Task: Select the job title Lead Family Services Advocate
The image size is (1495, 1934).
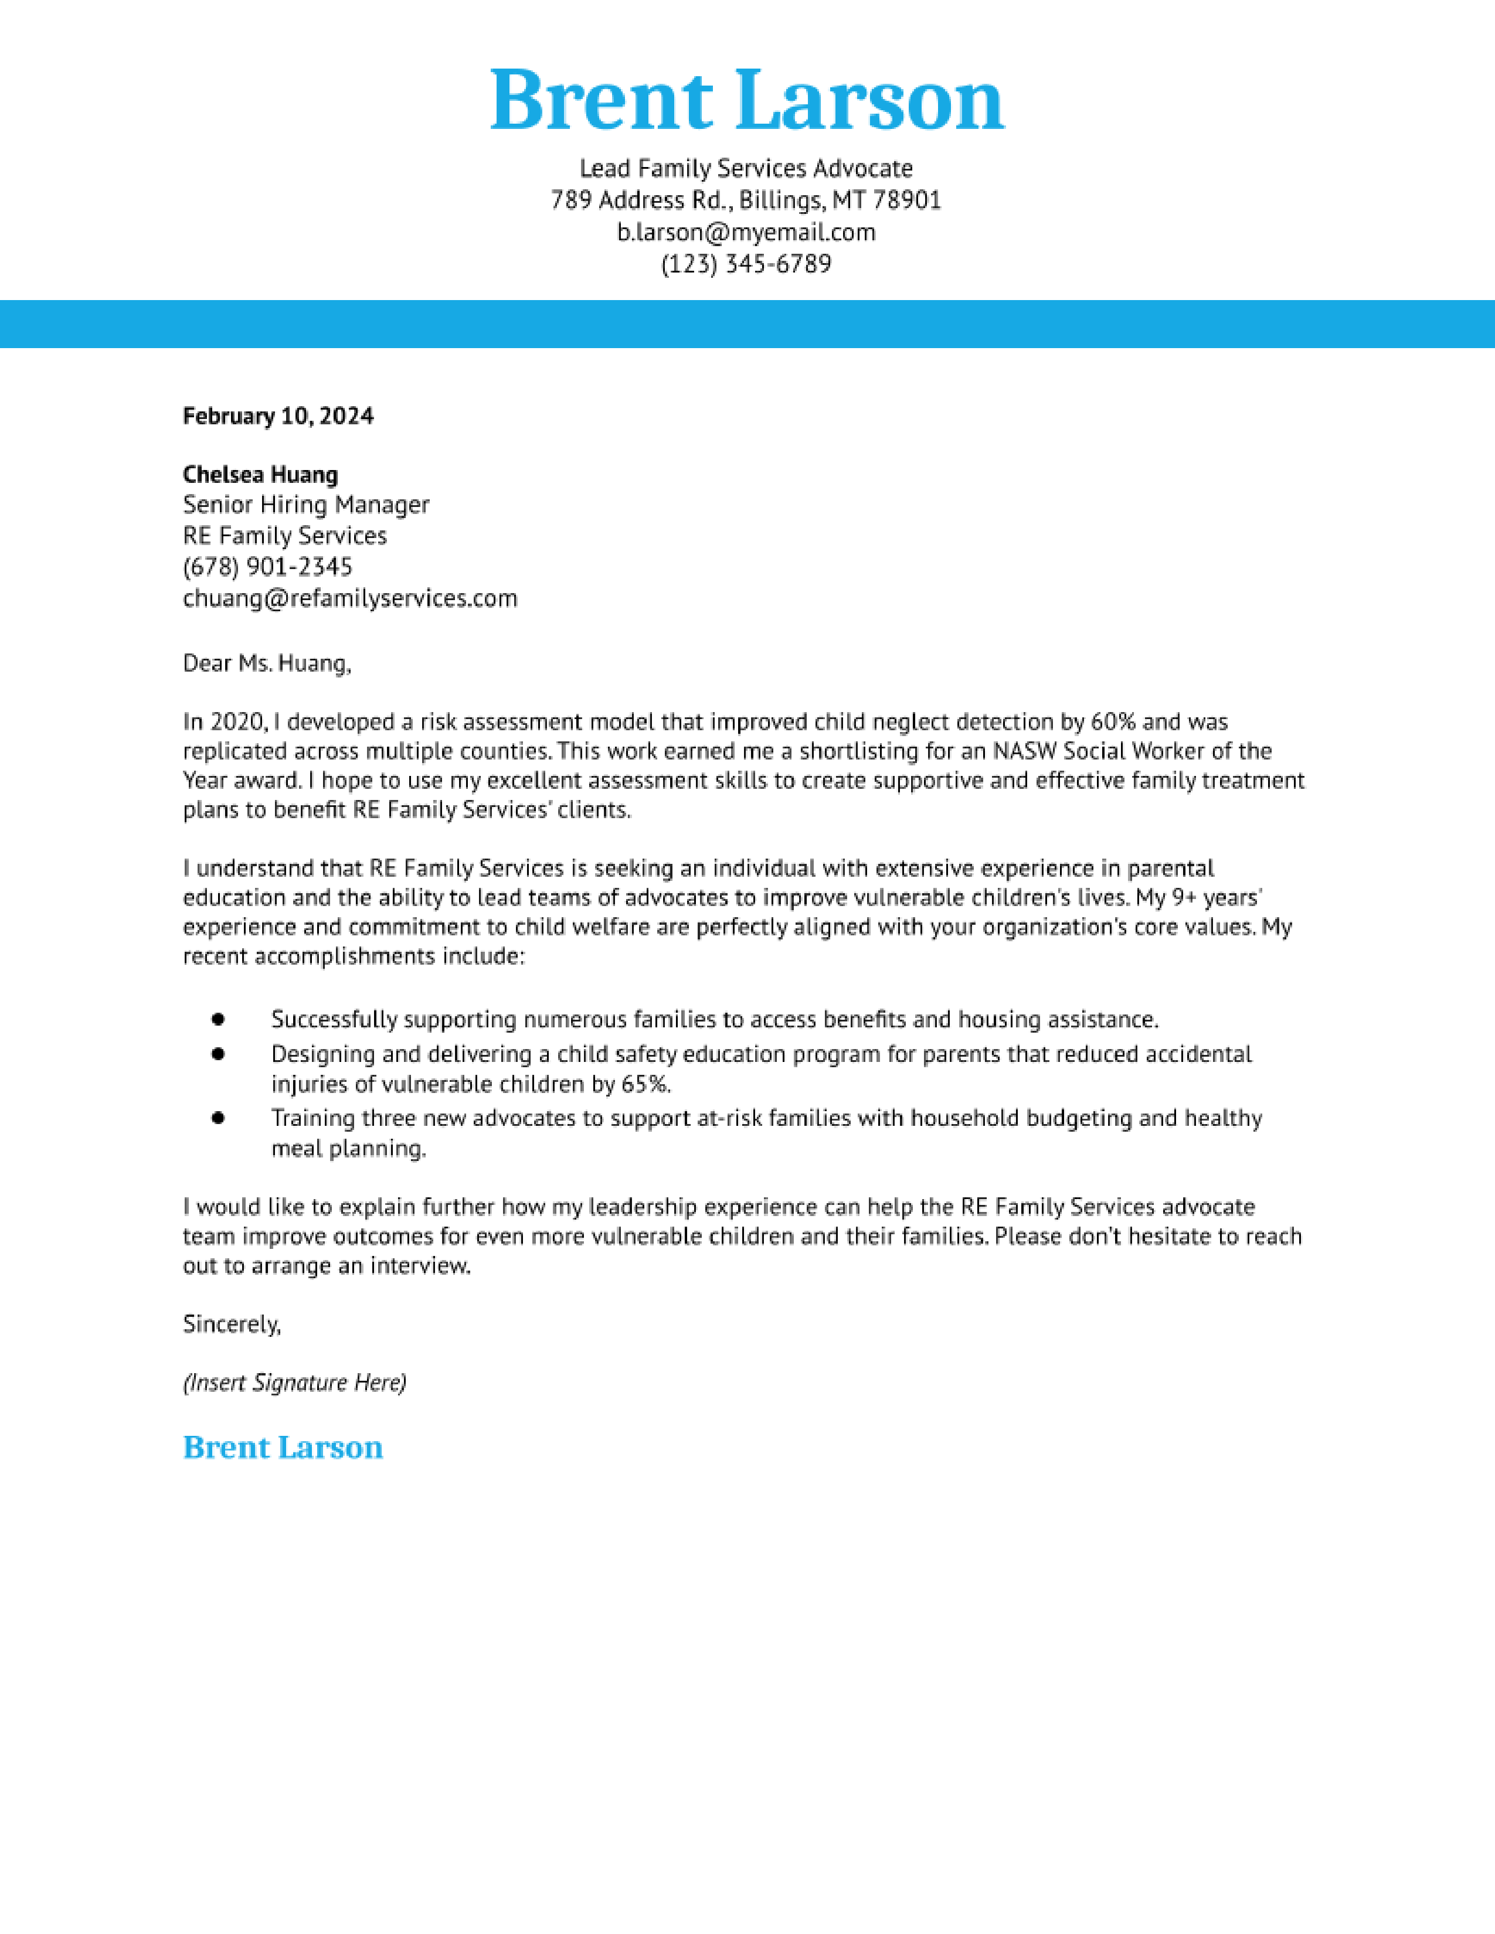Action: click(746, 168)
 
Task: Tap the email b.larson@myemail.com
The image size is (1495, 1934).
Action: click(746, 232)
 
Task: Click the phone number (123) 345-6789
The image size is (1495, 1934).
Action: click(746, 264)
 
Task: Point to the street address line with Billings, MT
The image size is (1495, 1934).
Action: click(746, 200)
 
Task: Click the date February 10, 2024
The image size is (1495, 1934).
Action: click(278, 416)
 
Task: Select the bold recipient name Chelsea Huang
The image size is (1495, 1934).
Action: click(260, 475)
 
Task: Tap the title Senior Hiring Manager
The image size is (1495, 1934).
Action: click(305, 505)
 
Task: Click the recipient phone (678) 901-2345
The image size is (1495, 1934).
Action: click(267, 567)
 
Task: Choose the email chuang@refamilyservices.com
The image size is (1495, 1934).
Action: click(350, 598)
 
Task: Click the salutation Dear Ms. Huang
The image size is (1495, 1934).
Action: click(267, 663)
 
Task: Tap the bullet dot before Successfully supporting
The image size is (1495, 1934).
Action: click(219, 1019)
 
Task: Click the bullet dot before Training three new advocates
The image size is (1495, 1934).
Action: click(219, 1118)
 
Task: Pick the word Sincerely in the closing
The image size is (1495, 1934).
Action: click(231, 1324)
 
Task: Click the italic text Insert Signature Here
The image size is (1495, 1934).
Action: click(294, 1383)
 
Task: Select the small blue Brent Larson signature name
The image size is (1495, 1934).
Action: click(283, 1447)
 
